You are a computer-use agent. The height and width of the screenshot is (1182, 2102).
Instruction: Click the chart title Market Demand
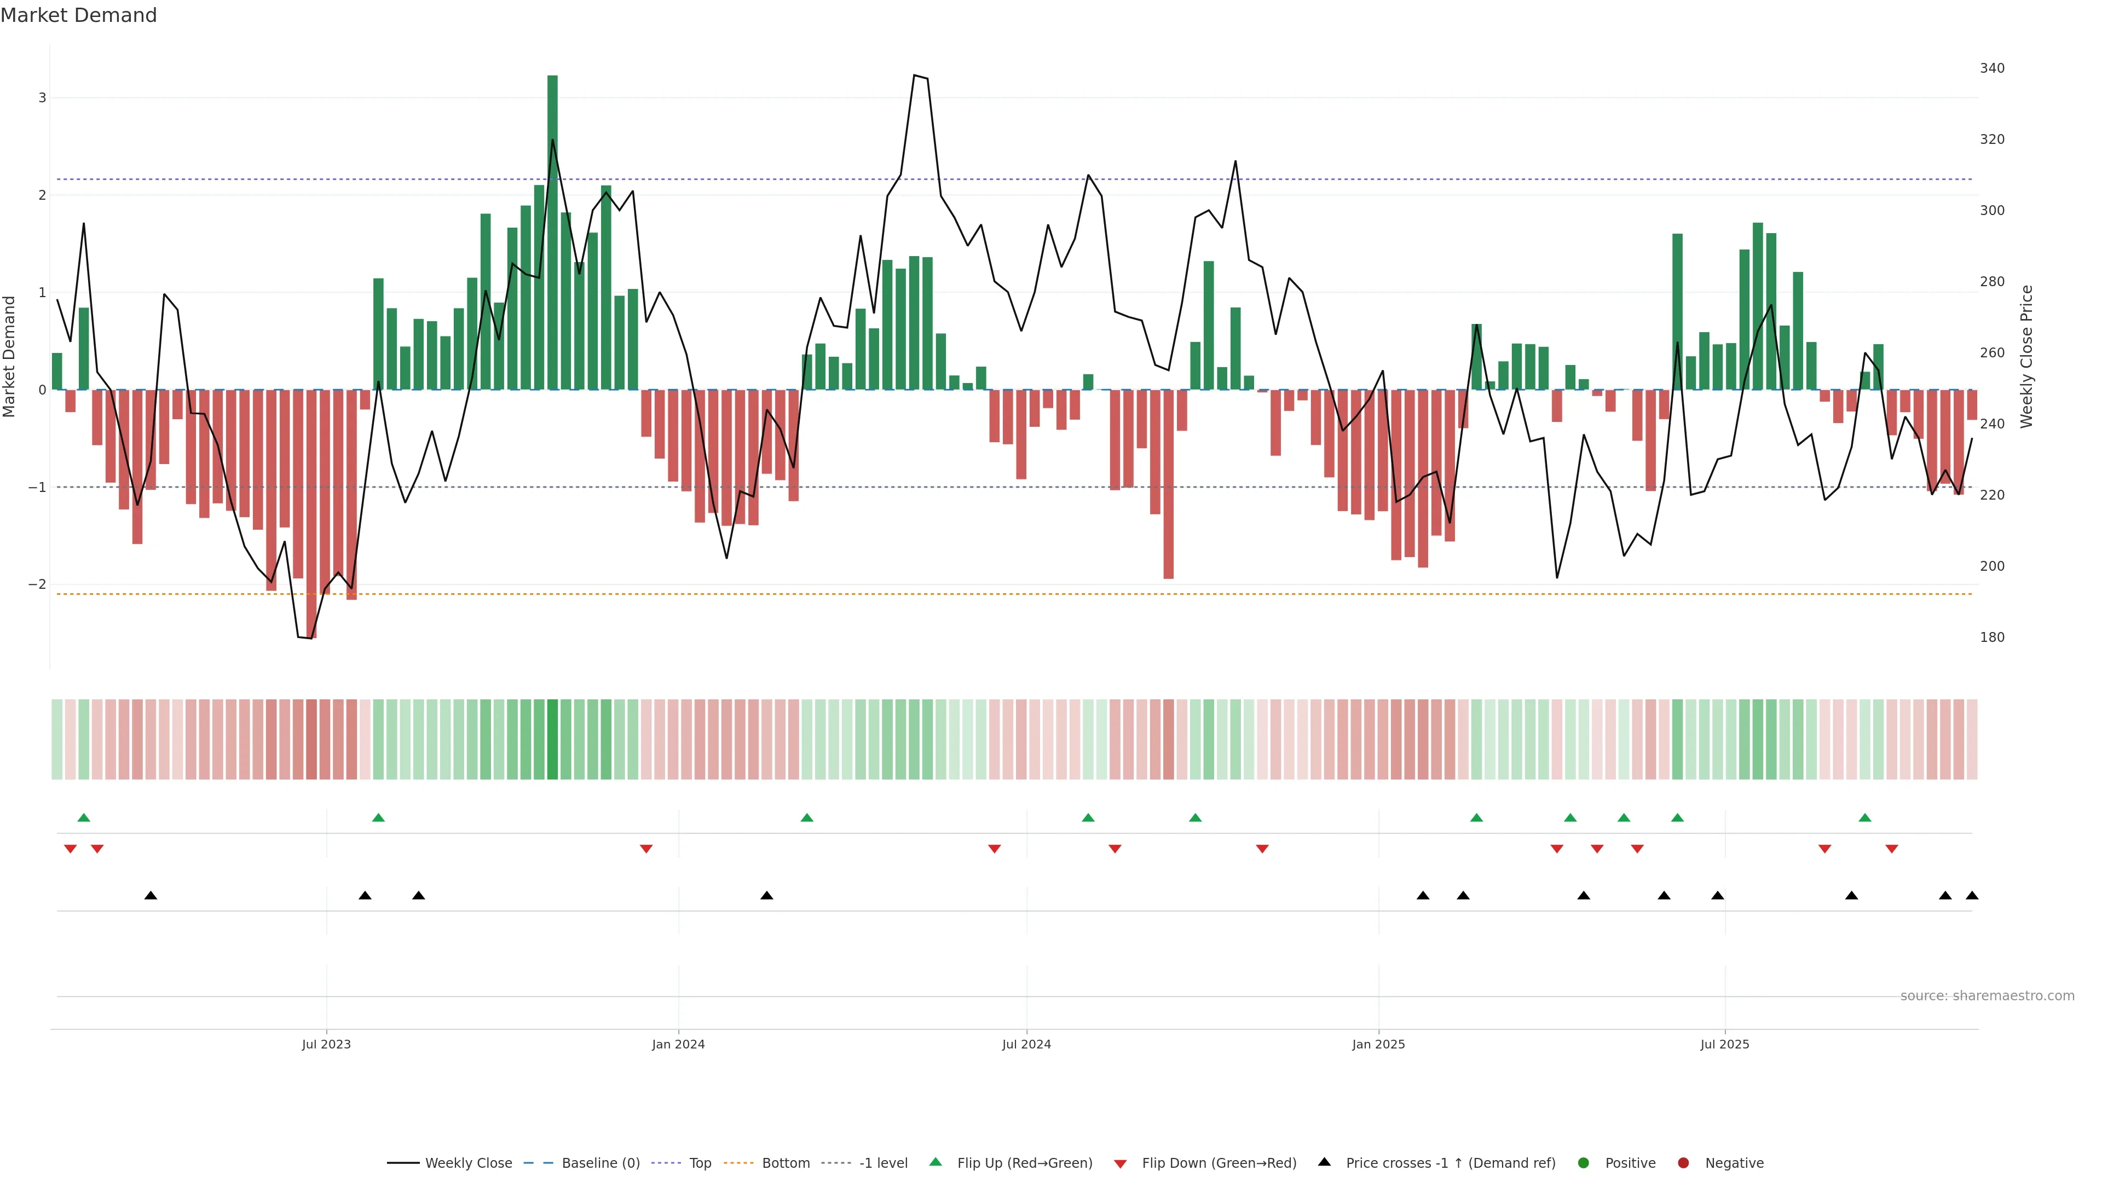[x=78, y=15]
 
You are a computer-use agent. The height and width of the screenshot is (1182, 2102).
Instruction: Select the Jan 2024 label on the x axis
[x=678, y=1044]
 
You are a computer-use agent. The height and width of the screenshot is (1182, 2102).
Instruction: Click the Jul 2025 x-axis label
[x=1724, y=1044]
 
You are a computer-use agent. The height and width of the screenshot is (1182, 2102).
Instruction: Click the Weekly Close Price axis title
[x=2027, y=356]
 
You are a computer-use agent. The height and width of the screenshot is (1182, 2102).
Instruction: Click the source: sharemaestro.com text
[x=1987, y=996]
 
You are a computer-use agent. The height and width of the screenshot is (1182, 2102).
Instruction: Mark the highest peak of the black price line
[x=915, y=75]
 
